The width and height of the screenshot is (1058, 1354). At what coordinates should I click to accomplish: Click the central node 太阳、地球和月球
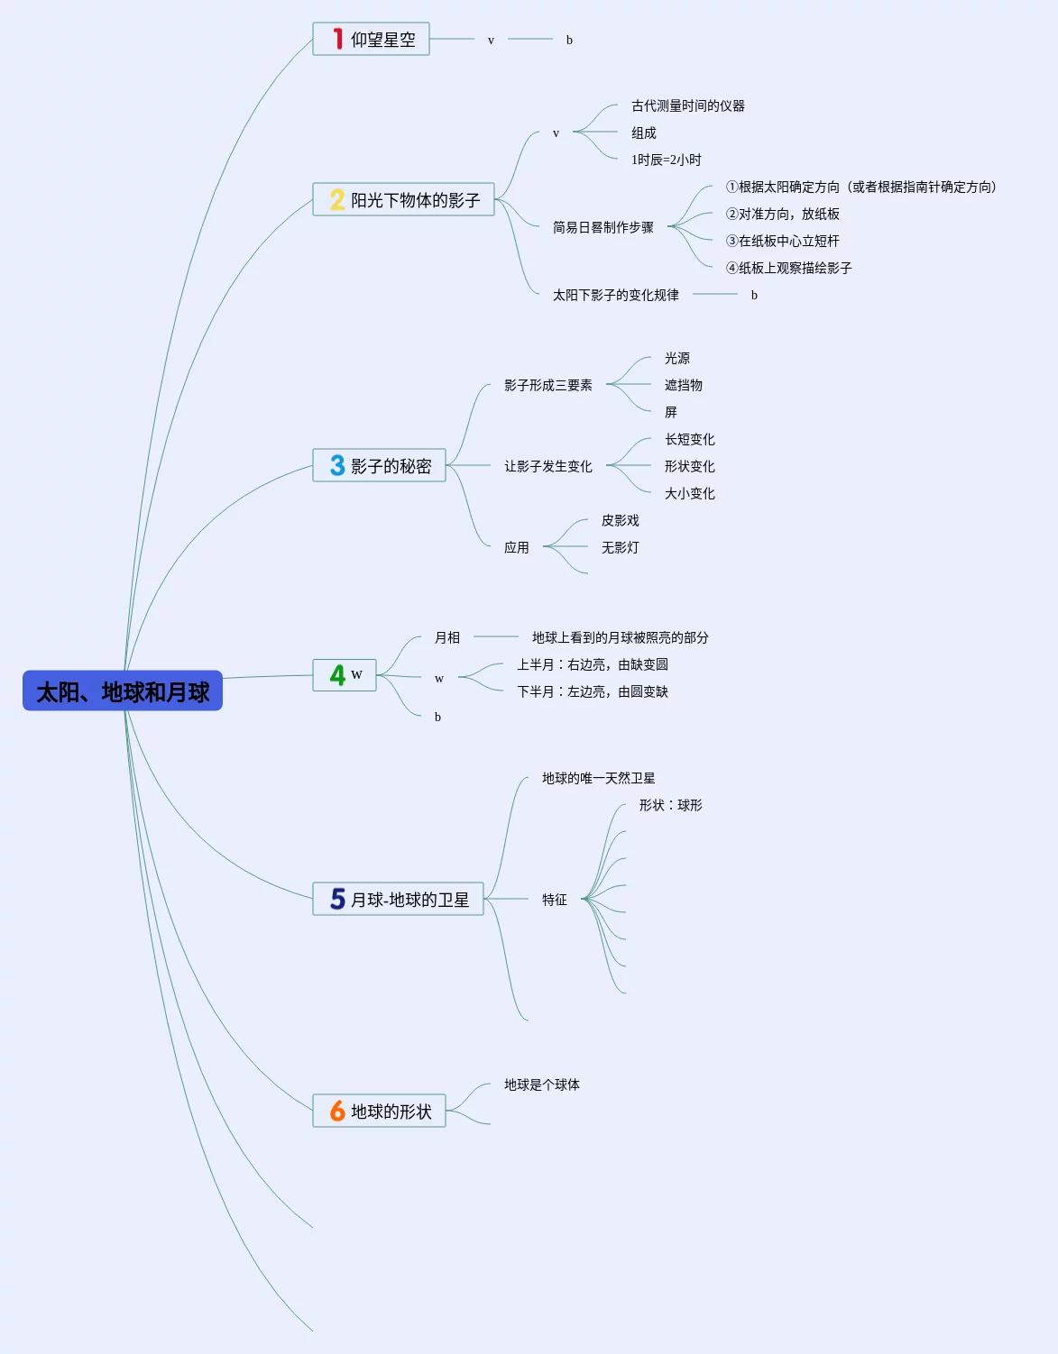click(x=123, y=691)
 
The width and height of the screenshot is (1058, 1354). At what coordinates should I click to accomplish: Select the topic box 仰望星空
click(x=371, y=40)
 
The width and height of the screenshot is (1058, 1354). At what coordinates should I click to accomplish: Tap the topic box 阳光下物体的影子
click(x=403, y=199)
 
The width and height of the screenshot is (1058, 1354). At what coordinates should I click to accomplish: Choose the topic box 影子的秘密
click(x=379, y=465)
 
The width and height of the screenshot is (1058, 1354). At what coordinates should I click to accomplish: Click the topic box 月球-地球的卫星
click(x=398, y=899)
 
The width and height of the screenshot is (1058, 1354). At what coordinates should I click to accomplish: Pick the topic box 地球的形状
click(x=379, y=1111)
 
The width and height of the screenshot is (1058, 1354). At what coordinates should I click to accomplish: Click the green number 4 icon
click(x=337, y=675)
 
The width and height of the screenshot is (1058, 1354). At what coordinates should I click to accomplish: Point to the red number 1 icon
click(x=337, y=39)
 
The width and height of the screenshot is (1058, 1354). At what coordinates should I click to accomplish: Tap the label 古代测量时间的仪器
click(x=687, y=105)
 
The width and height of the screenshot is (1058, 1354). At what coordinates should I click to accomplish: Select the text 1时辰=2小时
click(x=666, y=160)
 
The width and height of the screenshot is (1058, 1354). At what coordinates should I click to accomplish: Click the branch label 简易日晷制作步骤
click(x=603, y=227)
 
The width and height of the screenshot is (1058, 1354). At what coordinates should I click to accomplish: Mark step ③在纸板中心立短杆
click(x=782, y=241)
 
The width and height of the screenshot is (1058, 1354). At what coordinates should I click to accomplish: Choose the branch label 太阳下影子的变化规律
click(x=615, y=295)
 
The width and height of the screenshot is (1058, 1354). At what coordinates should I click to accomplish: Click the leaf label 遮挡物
click(x=683, y=385)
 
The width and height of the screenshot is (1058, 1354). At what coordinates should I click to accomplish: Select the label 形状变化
click(x=689, y=466)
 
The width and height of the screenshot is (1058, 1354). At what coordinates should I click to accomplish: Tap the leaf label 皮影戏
click(x=620, y=520)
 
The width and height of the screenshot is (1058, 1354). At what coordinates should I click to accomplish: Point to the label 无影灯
click(x=620, y=547)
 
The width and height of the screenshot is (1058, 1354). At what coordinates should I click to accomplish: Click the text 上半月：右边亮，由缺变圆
click(x=592, y=664)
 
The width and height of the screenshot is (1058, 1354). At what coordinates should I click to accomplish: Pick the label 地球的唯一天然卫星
click(x=598, y=778)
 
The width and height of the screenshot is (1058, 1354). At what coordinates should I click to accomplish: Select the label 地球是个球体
click(x=541, y=1084)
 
